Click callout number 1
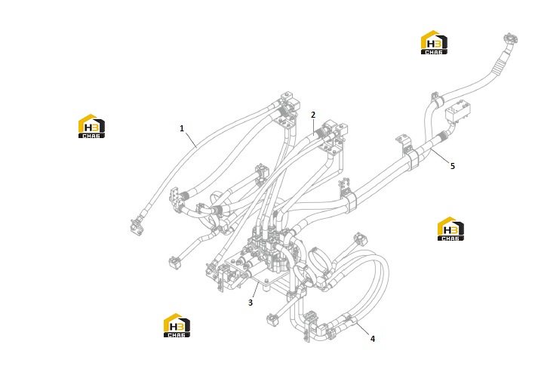pyautogui.click(x=182, y=128)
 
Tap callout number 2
pyautogui.click(x=313, y=115)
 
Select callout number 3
pyautogui.click(x=251, y=303)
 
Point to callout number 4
pyautogui.click(x=373, y=339)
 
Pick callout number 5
pyautogui.click(x=453, y=166)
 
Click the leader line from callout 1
pyautogui.click(x=191, y=140)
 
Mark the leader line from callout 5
pyautogui.click(x=440, y=155)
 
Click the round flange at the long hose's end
pyautogui.click(x=511, y=38)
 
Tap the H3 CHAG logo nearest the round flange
pyautogui.click(x=434, y=42)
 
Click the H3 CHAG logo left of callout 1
pyautogui.click(x=91, y=126)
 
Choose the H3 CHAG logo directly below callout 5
pyautogui.click(x=450, y=229)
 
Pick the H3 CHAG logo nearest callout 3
pyautogui.click(x=177, y=325)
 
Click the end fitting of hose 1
pyautogui.click(x=137, y=226)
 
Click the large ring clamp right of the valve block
pyautogui.click(x=318, y=261)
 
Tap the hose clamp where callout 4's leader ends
pyautogui.click(x=349, y=320)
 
